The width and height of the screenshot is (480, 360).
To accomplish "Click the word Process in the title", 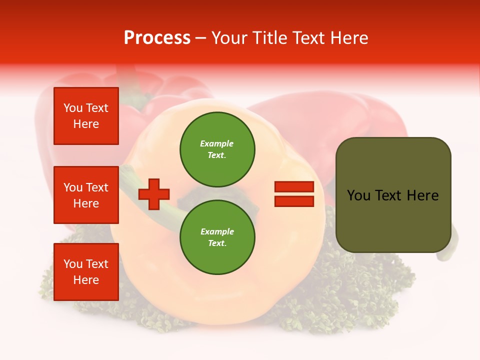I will coord(157,38).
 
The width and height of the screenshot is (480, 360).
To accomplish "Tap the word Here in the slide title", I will coord(349,38).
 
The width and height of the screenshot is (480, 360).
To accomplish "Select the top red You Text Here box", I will coord(86,116).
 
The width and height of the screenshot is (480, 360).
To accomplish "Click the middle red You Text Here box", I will coord(86,195).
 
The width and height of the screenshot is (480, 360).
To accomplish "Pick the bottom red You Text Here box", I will coord(86,272).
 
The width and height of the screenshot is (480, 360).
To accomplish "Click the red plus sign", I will coord(154,194).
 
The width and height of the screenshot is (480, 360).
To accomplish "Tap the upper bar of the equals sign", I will coord(294,187).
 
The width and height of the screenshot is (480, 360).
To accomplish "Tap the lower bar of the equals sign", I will coord(294,201).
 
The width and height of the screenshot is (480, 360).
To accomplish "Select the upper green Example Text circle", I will coord(217,149).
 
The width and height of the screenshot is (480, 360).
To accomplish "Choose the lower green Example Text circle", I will coord(217,237).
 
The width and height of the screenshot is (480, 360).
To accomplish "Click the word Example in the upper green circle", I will coord(217,143).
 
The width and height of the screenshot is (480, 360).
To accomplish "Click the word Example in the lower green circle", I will coord(217,231).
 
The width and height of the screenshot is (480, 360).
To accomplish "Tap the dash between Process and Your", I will coord(200,38).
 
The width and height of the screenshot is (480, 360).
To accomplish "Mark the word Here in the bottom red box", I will coord(86,280).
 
